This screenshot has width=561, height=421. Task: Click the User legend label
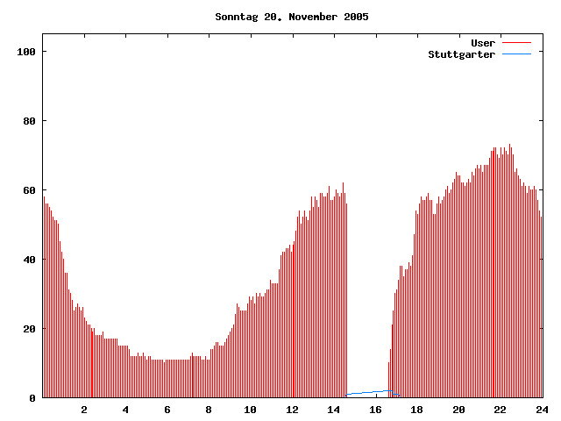pos(483,43)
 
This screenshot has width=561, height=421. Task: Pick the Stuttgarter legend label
pos(461,54)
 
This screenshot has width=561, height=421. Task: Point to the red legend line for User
pos(516,43)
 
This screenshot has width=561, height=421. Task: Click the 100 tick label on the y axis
pos(25,52)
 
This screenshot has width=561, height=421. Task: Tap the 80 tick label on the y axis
pos(28,121)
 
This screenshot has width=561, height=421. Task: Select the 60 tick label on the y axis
pos(28,190)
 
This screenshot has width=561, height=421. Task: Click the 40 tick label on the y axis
pos(28,260)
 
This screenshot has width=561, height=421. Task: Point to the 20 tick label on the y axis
pos(28,329)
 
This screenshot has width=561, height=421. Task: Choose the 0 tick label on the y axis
pos(32,398)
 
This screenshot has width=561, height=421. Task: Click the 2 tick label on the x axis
pos(84,410)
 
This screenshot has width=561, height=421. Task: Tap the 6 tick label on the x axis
pos(167,410)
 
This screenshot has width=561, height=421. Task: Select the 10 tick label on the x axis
pos(251,410)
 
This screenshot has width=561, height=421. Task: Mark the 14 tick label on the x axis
pos(334,410)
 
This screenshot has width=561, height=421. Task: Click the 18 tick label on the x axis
pos(417,410)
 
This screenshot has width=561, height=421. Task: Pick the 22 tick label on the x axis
pos(500,410)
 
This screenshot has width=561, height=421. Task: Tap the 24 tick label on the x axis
pos(542,410)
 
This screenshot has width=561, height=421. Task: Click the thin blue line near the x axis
pos(368,393)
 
